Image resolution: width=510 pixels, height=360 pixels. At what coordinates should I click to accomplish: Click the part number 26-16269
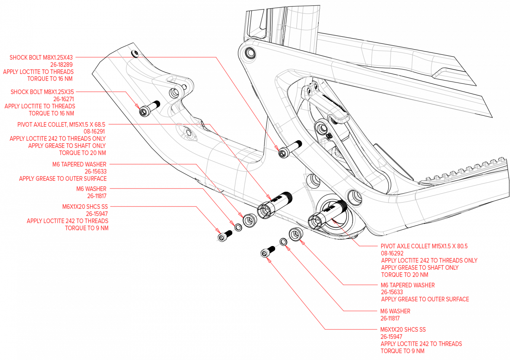[61, 65]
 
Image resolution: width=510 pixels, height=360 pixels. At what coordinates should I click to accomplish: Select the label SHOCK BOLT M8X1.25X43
[41, 57]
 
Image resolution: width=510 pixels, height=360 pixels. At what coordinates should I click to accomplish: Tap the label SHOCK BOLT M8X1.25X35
[42, 92]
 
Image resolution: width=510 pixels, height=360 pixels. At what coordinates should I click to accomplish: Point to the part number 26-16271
[64, 99]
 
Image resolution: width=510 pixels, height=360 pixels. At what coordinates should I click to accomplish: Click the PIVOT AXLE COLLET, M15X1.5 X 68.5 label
[61, 125]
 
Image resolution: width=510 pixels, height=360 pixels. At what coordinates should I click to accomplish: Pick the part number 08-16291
[94, 132]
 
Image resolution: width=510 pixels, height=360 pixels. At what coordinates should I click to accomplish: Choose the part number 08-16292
[392, 253]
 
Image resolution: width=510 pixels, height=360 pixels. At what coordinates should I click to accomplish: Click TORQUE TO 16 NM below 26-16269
[50, 79]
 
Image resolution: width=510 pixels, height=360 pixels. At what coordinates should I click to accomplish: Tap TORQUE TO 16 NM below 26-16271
[51, 114]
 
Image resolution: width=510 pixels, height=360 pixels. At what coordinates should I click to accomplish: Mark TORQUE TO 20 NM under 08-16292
[404, 275]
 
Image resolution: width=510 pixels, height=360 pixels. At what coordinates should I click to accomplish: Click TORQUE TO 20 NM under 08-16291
[83, 153]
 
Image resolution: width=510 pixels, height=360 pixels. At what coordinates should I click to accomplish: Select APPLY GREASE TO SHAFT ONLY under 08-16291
[67, 146]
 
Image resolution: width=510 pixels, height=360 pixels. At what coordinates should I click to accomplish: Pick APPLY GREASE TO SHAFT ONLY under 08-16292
[420, 268]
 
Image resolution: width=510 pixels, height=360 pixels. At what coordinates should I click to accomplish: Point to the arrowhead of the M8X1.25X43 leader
[279, 150]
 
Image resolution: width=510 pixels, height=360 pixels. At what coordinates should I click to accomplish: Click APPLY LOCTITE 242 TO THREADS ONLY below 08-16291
[58, 139]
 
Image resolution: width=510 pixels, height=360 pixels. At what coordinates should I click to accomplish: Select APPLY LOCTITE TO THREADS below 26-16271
[40, 107]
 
